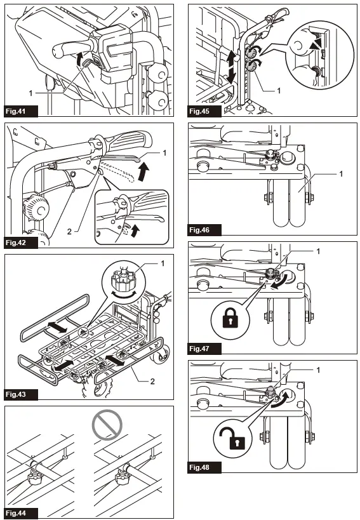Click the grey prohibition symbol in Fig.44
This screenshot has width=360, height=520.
(x=107, y=425)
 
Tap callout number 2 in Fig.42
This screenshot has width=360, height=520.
(x=69, y=232)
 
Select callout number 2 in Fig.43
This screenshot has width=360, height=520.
(x=152, y=382)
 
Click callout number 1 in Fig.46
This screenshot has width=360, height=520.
(x=341, y=174)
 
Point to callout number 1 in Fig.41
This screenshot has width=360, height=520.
(x=31, y=93)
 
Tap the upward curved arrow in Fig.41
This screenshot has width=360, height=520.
(x=79, y=59)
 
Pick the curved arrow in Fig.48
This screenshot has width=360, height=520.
(x=281, y=399)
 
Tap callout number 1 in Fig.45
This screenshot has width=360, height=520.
(x=279, y=91)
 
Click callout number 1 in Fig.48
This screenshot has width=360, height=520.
(x=318, y=370)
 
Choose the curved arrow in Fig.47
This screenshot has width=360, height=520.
(x=279, y=281)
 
